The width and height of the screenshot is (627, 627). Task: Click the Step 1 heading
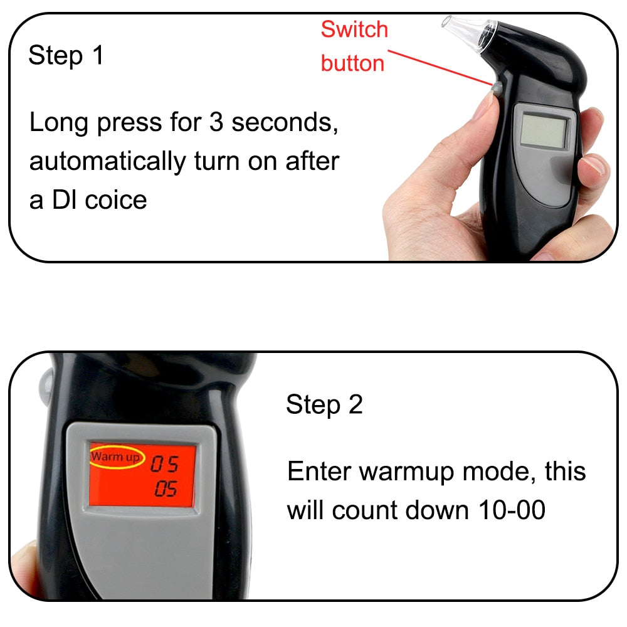coord(65,56)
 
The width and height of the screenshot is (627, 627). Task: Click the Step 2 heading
coord(324,405)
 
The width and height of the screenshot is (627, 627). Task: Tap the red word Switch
coord(354,29)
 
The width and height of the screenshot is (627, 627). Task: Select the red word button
coord(352,63)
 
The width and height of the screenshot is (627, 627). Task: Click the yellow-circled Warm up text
coord(116,456)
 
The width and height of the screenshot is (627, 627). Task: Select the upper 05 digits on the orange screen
coord(164,465)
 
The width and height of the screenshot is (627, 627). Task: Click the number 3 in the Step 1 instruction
coord(216,123)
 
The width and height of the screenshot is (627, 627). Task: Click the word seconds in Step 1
coord(285,123)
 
